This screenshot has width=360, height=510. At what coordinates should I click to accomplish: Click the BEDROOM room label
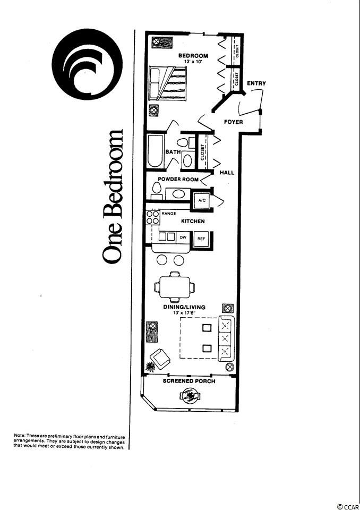pos(193,56)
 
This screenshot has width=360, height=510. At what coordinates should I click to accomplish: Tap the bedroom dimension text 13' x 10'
pos(193,61)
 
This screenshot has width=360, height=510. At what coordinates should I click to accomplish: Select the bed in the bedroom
pos(168,83)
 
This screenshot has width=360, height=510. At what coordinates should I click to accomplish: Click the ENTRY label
pos(256,83)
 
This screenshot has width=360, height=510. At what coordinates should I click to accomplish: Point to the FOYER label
pos(234,122)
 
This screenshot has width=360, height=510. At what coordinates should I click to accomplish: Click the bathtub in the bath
pos(156,151)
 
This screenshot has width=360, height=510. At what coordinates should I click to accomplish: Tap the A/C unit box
pos(202,201)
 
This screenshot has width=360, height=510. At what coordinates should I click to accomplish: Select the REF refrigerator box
pos(201,239)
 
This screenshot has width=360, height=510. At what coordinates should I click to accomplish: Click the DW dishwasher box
pos(183,237)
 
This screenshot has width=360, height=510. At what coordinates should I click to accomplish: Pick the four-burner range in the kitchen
pos(153,217)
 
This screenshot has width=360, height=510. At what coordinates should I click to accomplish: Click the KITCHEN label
pos(193,221)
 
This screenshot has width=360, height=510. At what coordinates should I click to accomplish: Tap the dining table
pos(175,287)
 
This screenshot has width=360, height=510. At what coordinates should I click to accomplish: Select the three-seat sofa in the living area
pos(226,338)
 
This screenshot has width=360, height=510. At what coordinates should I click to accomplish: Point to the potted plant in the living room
pos(150,367)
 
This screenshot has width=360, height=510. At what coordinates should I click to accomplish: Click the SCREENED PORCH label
pos(189,381)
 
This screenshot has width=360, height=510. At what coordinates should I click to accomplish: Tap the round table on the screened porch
pos(190,396)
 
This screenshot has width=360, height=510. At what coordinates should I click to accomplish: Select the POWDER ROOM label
pos(178,179)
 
